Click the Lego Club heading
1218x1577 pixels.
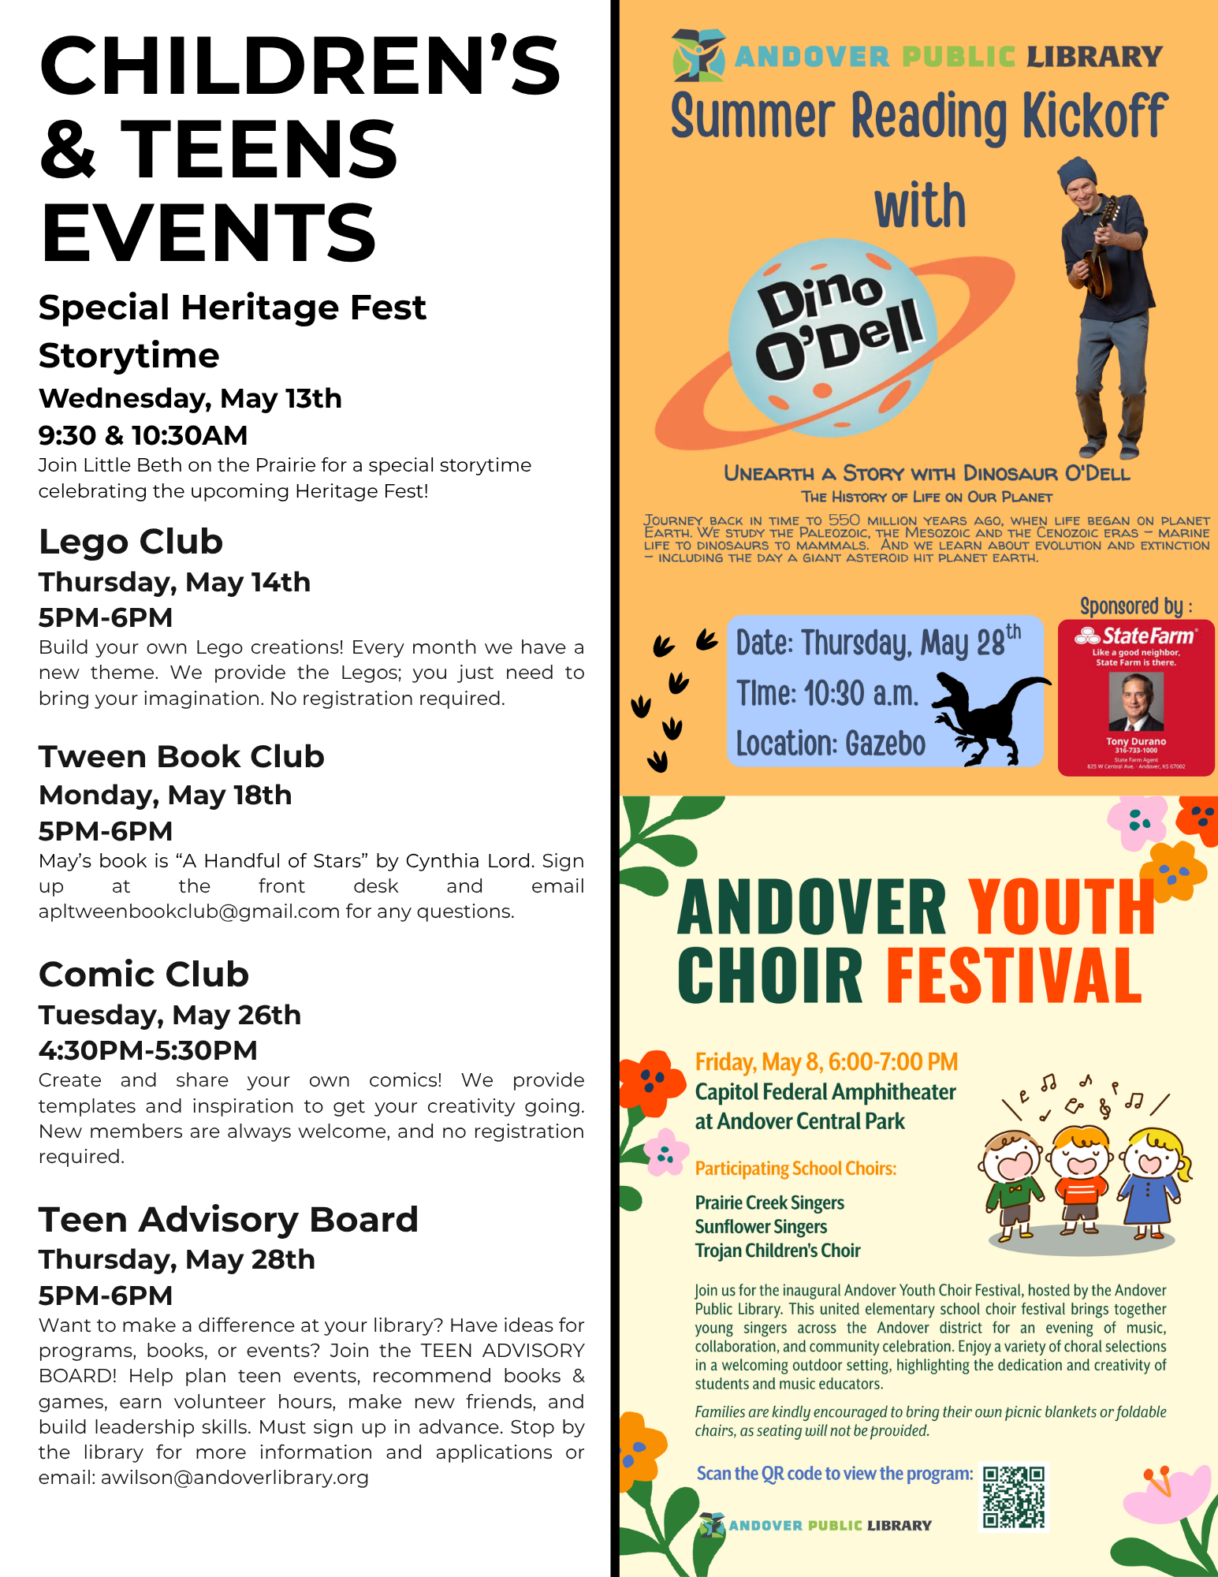pos(131,542)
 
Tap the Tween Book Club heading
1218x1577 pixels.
pos(181,756)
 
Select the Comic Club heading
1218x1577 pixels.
pos(143,974)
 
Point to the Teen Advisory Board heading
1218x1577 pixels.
pos(228,1219)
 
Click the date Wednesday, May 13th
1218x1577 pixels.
pos(190,398)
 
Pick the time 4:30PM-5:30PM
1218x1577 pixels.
pos(148,1050)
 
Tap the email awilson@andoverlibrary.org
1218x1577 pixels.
pos(234,1477)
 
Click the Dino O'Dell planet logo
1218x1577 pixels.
pos(832,337)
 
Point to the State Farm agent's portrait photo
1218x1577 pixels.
pos(1135,701)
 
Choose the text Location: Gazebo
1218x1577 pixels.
pos(831,744)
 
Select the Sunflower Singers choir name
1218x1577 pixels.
pos(761,1226)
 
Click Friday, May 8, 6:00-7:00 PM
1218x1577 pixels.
pos(826,1062)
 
